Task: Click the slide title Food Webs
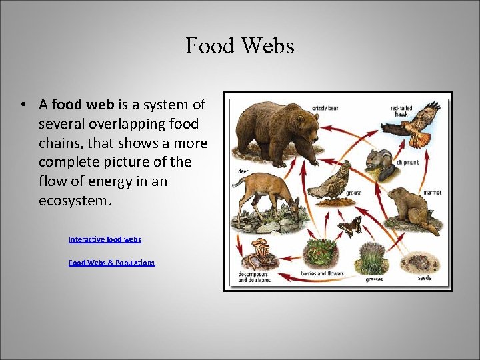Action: click(x=239, y=46)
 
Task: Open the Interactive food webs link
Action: click(x=105, y=239)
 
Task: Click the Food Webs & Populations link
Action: click(x=111, y=263)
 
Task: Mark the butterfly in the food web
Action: click(x=350, y=227)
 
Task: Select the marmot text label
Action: click(x=431, y=193)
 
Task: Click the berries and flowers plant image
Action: click(x=320, y=254)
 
